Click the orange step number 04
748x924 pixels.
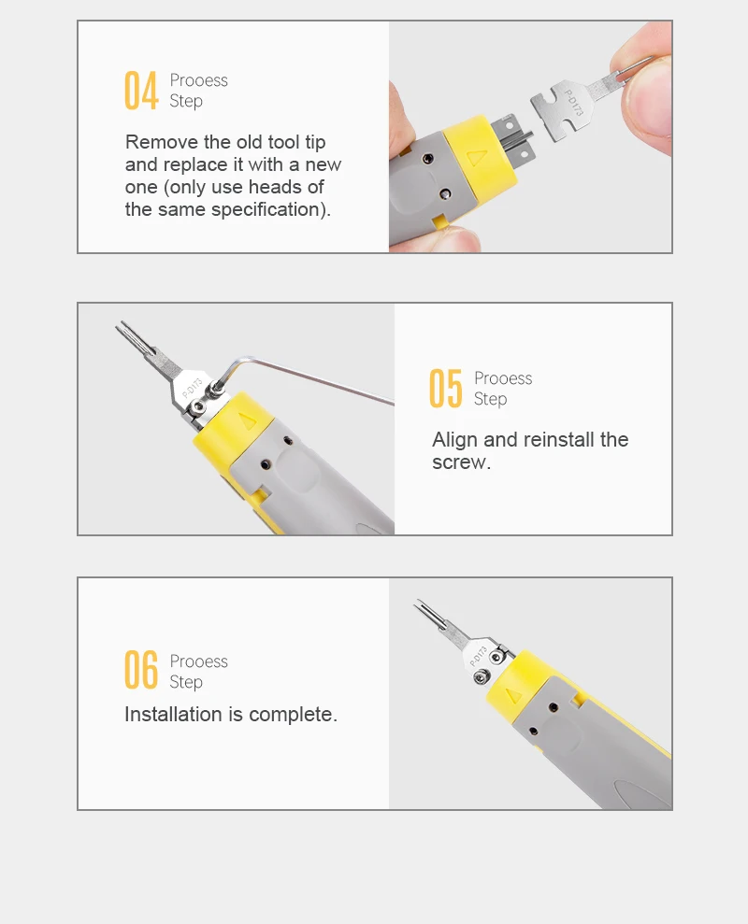141,91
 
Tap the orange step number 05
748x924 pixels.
446,389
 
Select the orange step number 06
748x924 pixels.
141,670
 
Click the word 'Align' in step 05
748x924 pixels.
454,440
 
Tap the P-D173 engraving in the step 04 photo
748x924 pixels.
573,103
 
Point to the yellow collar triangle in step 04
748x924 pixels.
477,158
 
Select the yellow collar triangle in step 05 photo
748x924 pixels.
248,420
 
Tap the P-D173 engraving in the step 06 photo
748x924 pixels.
478,657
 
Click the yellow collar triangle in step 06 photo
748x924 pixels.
514,696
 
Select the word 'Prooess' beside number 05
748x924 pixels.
503,378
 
